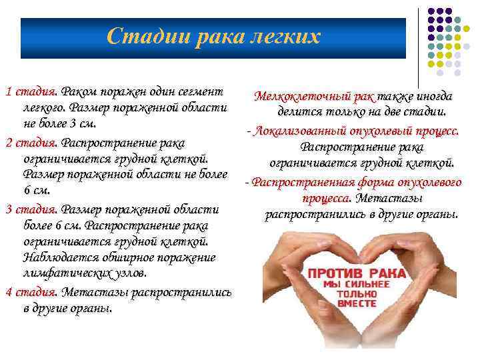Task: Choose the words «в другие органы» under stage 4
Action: point(67,309)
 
